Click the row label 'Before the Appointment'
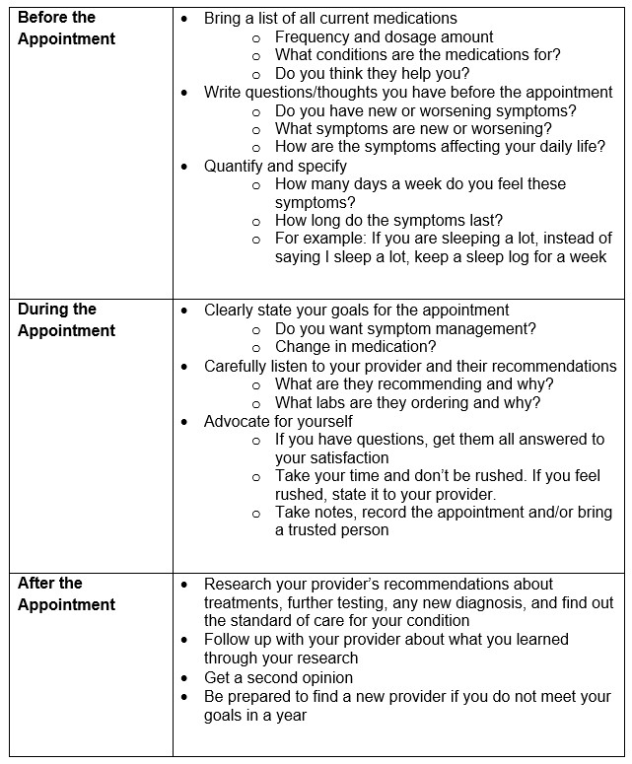66,29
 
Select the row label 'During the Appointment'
66,319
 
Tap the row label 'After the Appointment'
66,593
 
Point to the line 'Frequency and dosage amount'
384,37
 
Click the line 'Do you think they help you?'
372,74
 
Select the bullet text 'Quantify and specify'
275,166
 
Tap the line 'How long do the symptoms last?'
388,220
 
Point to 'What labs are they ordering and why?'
407,402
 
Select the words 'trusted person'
339,530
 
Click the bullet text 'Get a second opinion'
278,677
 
